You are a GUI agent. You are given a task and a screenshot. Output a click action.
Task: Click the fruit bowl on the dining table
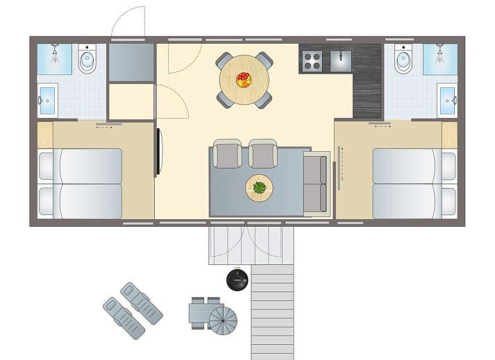(x=244, y=79)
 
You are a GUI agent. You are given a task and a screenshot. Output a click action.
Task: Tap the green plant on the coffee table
(x=259, y=187)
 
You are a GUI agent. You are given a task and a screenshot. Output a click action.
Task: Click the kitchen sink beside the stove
(x=340, y=60)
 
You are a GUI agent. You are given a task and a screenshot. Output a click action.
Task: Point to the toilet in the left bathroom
(x=87, y=62)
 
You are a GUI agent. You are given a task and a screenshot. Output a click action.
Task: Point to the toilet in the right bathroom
(x=404, y=62)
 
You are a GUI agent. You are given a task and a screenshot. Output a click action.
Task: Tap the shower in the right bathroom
(x=441, y=55)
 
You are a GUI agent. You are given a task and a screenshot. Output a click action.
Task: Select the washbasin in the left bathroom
(x=47, y=99)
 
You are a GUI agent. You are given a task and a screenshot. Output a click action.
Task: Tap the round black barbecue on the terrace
(x=237, y=280)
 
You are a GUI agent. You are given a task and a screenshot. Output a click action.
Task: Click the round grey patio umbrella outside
(x=223, y=321)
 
